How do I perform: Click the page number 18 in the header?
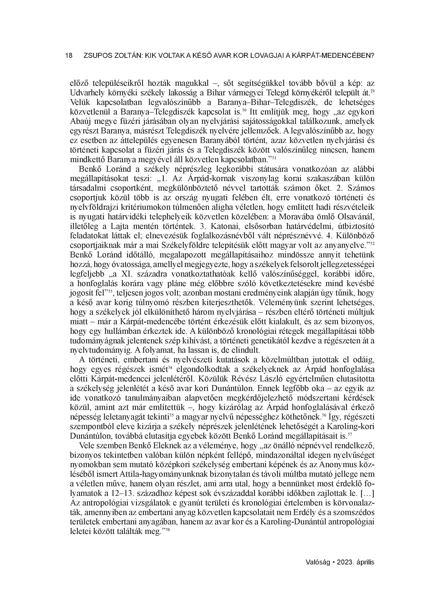pyautogui.click(x=69, y=56)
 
